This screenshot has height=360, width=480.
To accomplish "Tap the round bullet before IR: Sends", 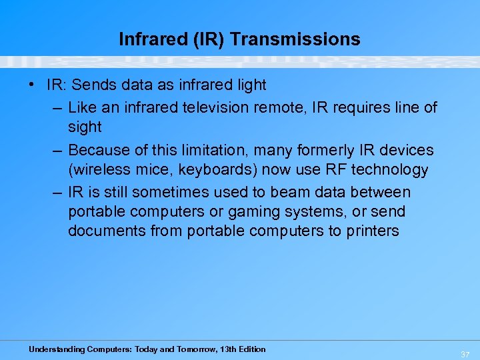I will coord(32,85).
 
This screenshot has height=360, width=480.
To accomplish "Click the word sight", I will coord(85,127).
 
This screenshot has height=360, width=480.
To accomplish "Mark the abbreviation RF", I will coord(328,170).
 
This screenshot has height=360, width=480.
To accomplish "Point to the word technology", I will coord(388,170).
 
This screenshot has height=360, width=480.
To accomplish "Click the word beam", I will coord(297,192).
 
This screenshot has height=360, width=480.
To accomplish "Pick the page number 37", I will coord(465,354).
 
